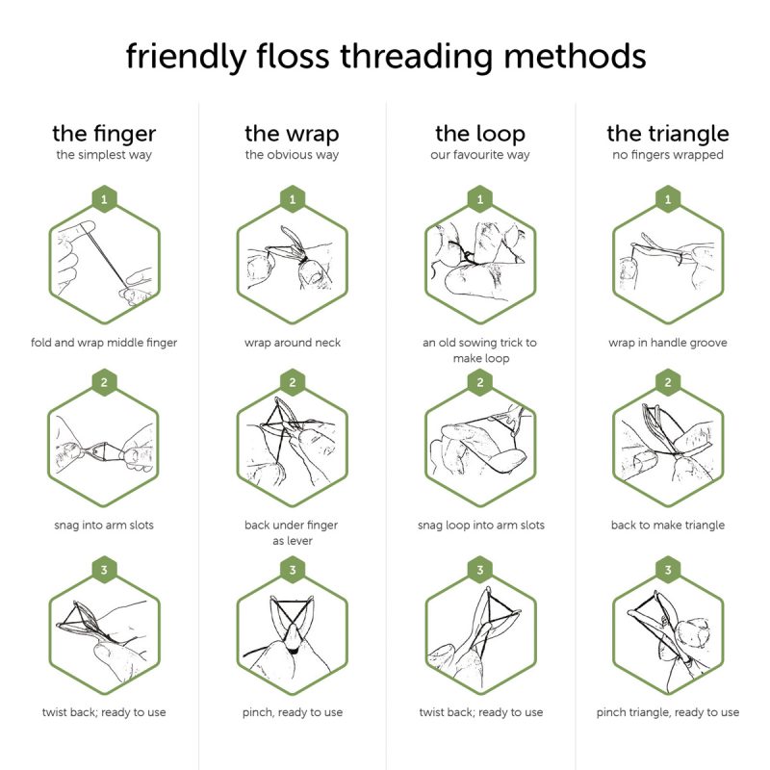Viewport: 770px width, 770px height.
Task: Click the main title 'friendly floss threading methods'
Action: click(x=385, y=56)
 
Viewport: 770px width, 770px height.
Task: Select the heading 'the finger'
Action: click(x=104, y=133)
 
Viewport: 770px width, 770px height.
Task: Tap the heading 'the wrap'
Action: click(x=292, y=133)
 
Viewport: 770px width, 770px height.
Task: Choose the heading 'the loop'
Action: click(x=480, y=133)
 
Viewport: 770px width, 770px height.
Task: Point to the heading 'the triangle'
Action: click(x=668, y=133)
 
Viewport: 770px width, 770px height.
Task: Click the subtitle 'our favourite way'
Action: click(x=480, y=155)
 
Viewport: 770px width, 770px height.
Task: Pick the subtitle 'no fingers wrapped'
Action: click(x=668, y=155)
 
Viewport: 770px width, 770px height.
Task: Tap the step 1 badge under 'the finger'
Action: click(x=104, y=199)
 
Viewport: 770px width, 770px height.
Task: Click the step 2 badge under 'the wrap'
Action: click(x=292, y=382)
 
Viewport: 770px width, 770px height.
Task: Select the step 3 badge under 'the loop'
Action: click(x=480, y=570)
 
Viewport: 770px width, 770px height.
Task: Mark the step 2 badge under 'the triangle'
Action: click(x=668, y=382)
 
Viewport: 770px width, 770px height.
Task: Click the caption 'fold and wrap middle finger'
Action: click(x=104, y=343)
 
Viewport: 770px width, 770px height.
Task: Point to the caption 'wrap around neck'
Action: click(x=292, y=343)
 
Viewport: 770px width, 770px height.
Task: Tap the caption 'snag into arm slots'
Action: click(x=104, y=525)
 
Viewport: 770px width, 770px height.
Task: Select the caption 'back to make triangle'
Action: click(x=668, y=525)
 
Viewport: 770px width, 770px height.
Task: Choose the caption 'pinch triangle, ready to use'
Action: click(x=668, y=712)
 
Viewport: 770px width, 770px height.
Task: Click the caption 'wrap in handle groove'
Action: click(x=668, y=343)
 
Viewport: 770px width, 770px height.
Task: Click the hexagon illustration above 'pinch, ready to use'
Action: click(x=292, y=635)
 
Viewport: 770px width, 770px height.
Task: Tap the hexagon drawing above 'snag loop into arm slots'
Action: click(x=480, y=448)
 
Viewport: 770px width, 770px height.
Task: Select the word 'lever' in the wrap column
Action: click(x=303, y=541)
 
